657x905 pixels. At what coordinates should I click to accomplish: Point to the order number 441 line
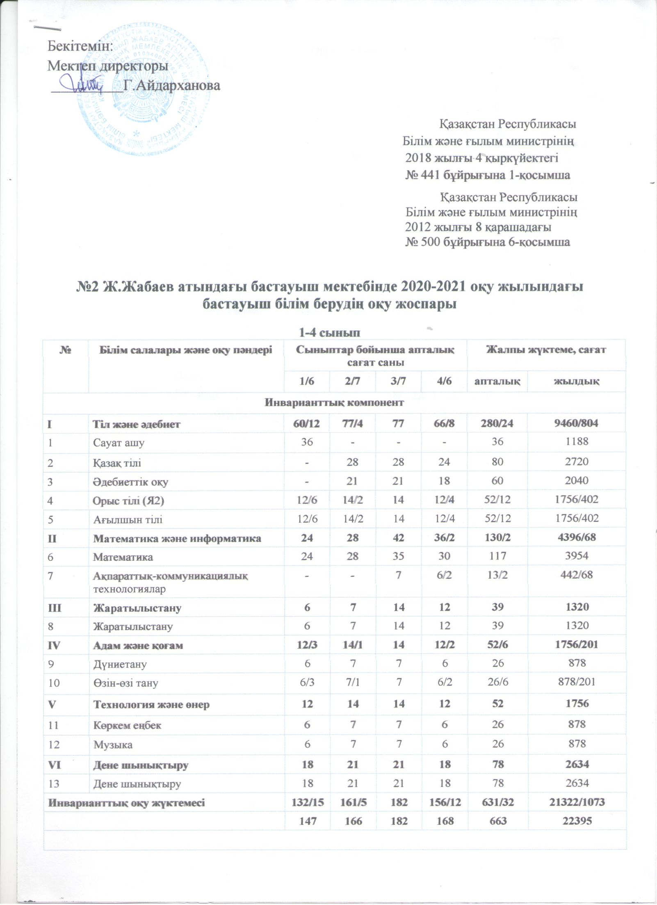[488, 175]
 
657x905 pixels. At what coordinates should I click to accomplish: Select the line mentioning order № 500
[488, 242]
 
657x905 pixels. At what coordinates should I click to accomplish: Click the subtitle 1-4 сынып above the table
[331, 332]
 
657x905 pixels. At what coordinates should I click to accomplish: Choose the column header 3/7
[398, 381]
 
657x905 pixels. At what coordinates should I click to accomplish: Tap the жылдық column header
[577, 381]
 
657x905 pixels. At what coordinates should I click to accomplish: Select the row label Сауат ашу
[119, 443]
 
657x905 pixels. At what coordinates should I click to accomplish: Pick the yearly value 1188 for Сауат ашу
[577, 441]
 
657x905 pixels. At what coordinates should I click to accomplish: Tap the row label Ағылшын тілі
[128, 519]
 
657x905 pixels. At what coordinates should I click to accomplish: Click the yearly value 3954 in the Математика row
[577, 556]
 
